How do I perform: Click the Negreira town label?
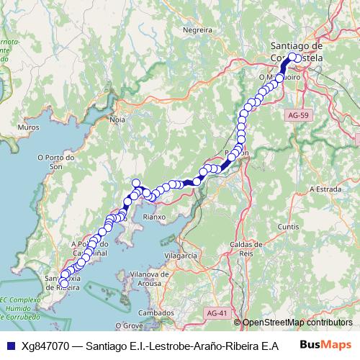pos(197,31)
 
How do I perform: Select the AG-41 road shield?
pos(215,313)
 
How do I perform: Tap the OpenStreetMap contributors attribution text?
pos(296,323)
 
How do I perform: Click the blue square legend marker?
pos(10,346)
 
